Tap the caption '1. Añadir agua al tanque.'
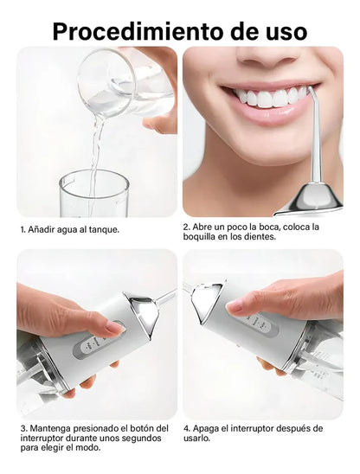[69, 229]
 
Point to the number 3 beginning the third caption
[22, 428]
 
